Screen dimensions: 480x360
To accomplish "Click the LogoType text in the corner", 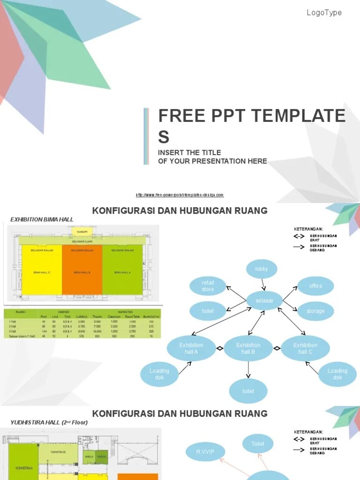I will point(324,13).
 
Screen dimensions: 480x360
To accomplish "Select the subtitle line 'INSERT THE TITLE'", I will point(189,153).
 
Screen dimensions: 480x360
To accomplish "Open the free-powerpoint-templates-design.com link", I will point(180,195).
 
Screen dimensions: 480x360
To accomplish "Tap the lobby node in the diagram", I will point(262,269).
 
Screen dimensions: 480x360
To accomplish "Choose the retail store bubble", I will point(208,286).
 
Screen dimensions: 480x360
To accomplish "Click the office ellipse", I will point(315,286).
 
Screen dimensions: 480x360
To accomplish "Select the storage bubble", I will point(315,311).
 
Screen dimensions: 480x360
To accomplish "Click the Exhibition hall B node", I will point(248,348).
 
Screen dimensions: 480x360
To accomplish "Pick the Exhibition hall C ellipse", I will point(305,348).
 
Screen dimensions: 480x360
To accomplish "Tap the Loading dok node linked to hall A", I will point(159,374).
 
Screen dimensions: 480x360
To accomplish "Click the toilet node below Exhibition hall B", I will point(248,391).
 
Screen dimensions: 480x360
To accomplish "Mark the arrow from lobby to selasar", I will point(263,284).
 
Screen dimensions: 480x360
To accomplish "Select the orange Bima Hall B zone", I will point(82,272).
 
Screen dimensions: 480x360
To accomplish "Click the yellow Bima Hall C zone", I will point(42,272).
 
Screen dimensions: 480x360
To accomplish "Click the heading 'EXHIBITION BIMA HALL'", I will point(42,219).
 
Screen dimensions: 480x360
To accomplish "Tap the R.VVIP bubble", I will point(205,452).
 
